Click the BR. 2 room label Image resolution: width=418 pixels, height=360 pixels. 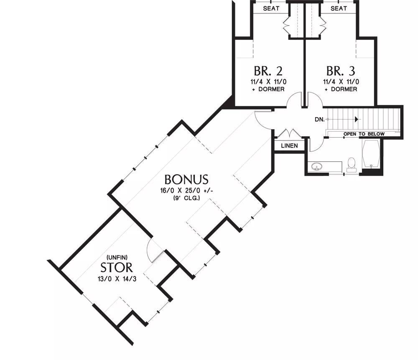(268, 71)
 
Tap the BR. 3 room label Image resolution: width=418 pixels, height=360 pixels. (341, 71)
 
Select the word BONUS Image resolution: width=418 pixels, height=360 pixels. (186, 180)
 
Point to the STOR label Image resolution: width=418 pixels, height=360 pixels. (117, 267)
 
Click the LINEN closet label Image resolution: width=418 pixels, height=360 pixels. (290, 146)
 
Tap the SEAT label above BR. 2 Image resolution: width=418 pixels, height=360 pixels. (271, 8)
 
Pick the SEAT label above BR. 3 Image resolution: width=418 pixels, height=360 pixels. (339, 8)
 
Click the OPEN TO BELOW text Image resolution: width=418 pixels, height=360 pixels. (364, 134)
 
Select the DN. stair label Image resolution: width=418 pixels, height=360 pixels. (320, 120)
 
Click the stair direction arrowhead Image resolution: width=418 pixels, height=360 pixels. (356, 119)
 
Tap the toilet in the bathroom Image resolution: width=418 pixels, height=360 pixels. (352, 165)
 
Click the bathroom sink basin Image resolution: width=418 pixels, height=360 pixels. (317, 167)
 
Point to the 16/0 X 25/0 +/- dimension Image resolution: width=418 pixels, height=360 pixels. (186, 191)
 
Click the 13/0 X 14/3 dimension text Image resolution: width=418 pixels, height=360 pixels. (117, 279)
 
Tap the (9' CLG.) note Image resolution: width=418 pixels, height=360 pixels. (186, 198)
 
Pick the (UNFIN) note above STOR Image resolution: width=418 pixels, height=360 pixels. (117, 257)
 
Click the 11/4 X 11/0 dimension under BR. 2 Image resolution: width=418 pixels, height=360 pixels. (268, 82)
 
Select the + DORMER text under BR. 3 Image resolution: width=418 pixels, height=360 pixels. (341, 89)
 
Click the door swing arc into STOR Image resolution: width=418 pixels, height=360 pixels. (148, 248)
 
